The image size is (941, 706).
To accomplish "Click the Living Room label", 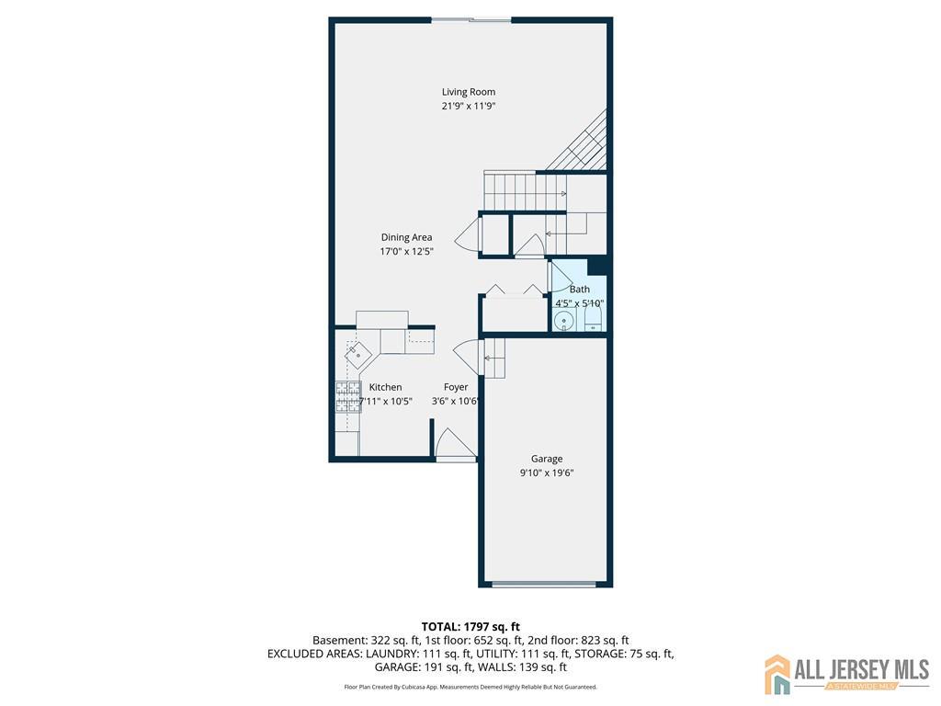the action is [469, 92].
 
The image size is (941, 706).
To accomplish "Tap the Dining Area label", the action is [406, 237].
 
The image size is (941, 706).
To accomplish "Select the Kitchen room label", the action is [385, 387].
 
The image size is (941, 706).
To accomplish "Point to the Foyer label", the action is [456, 387].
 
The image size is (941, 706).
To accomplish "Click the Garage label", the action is [547, 459].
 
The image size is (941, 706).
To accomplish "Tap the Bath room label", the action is [580, 290].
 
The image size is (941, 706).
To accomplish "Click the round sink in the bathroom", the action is [563, 322].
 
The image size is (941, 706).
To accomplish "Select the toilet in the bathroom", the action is [593, 320].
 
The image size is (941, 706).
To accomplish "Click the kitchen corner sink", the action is [357, 356].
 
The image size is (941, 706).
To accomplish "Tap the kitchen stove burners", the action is [348, 397].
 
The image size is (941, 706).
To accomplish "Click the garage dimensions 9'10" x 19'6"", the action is [547, 473].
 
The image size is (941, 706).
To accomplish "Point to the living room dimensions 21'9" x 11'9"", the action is [469, 107].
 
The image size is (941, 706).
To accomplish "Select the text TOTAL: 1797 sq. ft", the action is [470, 627].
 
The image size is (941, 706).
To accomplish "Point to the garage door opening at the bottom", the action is [544, 584].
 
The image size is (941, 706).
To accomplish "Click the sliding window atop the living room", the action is [471, 20].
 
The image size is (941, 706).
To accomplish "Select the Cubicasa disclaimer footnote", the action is [470, 687].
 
